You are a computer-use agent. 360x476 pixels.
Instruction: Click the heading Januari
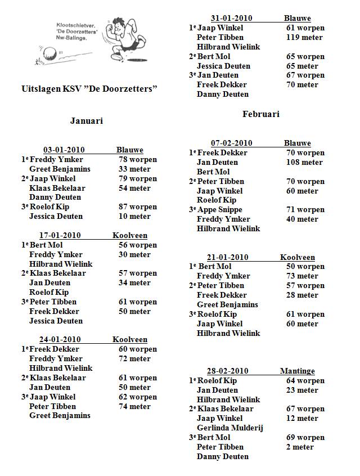(86, 120)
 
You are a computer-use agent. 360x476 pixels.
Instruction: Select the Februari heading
(261, 114)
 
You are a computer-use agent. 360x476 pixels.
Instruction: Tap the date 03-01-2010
(64, 150)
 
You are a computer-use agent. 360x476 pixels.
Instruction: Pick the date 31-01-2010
(231, 18)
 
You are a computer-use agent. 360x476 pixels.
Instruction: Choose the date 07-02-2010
(231, 143)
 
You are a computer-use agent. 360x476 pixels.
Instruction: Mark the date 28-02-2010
(227, 371)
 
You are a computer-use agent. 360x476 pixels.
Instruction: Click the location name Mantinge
(297, 371)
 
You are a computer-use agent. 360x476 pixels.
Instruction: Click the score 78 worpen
(138, 159)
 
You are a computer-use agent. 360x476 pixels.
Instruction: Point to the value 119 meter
(304, 37)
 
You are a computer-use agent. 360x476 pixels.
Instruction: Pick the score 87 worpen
(138, 206)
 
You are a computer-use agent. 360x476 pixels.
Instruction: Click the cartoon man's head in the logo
(120, 25)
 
